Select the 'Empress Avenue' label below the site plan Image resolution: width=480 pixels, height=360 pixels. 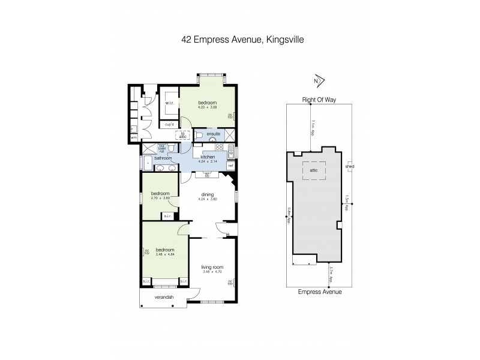click(320, 292)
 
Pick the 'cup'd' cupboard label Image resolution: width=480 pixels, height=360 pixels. click(169, 125)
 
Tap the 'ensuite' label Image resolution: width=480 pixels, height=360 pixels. click(214, 133)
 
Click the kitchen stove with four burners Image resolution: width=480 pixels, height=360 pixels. click(219, 147)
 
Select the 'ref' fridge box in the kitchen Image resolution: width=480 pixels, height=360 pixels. click(230, 165)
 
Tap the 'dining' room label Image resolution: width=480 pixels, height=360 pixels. click(208, 194)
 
